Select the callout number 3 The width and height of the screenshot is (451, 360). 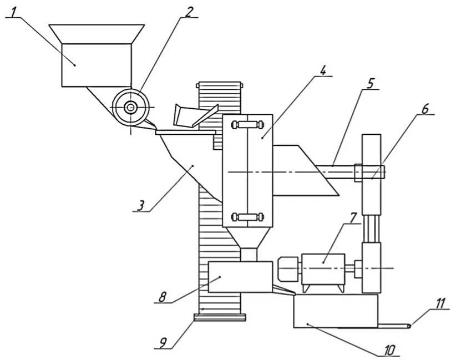(x=141, y=206)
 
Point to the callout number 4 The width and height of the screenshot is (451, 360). (x=323, y=70)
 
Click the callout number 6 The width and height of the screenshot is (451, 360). (x=425, y=109)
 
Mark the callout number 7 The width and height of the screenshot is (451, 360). (x=353, y=217)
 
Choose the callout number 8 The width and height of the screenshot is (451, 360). (x=163, y=297)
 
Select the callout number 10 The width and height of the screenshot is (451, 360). (x=390, y=351)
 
